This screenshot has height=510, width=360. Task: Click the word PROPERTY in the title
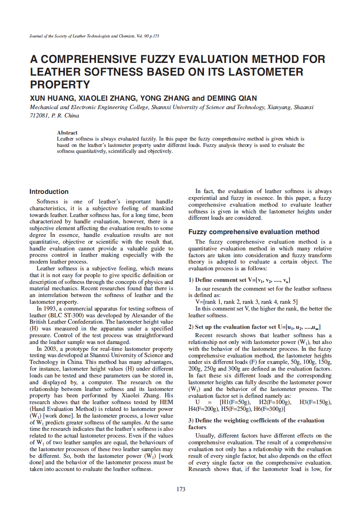point(60,84)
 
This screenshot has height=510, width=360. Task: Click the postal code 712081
point(39,115)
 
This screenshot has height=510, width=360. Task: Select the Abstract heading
point(67,133)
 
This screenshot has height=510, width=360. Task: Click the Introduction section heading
point(49,191)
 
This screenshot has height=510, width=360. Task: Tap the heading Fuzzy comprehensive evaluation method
point(254,232)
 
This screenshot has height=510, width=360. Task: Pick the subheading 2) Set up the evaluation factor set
point(254,327)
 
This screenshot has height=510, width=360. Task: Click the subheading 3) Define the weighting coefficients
point(256,420)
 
